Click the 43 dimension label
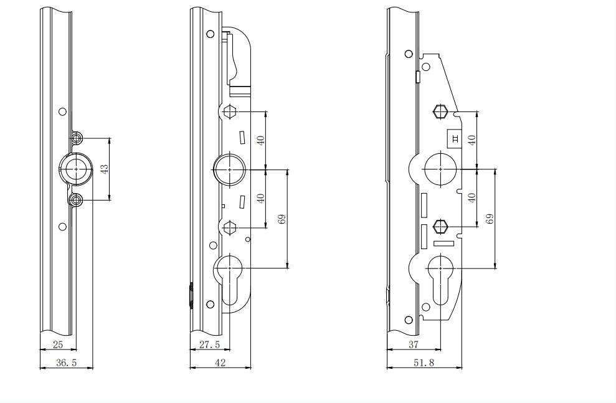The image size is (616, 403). (x=104, y=169)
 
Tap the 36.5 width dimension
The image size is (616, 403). (x=66, y=363)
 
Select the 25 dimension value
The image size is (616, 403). (x=58, y=344)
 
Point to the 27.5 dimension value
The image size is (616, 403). (x=209, y=344)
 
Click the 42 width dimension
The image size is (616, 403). (x=220, y=363)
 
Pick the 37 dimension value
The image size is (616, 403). (x=414, y=344)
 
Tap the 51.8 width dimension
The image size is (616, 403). (x=424, y=363)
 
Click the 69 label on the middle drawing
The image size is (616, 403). (x=282, y=219)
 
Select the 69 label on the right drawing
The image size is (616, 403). (x=490, y=219)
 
